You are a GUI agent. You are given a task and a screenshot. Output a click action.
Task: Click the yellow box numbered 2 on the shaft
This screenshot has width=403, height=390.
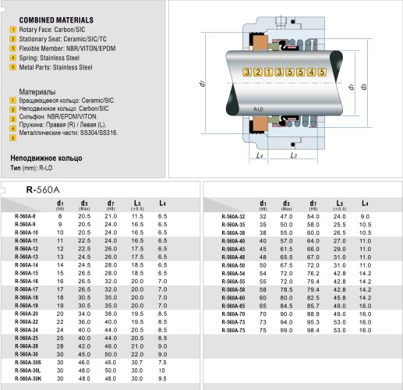(x=259, y=73)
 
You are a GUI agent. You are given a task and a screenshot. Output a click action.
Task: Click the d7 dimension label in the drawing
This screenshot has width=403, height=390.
(x=201, y=80)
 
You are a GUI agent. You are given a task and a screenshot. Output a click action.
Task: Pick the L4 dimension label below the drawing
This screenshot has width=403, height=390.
(x=260, y=156)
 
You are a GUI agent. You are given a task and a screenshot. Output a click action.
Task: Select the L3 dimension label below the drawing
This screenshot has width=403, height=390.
(x=293, y=156)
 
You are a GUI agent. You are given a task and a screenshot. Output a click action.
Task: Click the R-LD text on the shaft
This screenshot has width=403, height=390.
(x=259, y=102)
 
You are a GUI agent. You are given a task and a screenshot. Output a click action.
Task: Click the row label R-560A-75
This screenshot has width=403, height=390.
(x=233, y=330)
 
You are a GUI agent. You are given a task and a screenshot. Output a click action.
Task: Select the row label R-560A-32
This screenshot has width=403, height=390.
(x=233, y=215)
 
